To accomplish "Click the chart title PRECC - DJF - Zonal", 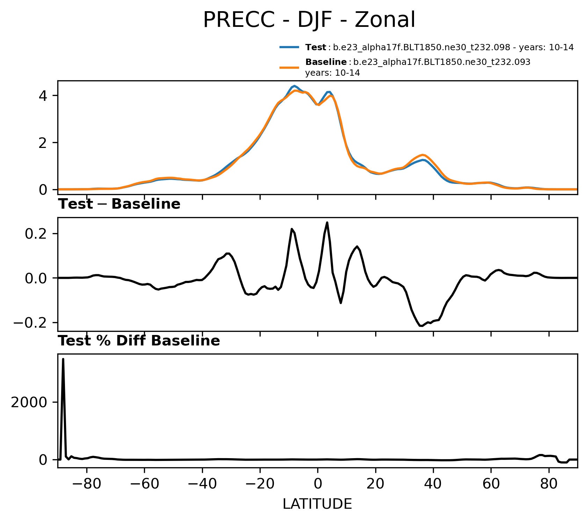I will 309,20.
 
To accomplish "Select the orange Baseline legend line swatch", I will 289,67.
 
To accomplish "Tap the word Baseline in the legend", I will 326,62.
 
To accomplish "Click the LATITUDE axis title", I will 317,504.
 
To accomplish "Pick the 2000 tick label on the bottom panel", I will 29,402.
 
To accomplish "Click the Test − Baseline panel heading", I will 119,204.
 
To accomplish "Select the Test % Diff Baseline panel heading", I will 139,341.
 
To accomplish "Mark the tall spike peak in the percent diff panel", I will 63,359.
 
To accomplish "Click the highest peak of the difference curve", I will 327,222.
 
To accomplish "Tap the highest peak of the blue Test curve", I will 295,86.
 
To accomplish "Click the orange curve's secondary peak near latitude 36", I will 423,155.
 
